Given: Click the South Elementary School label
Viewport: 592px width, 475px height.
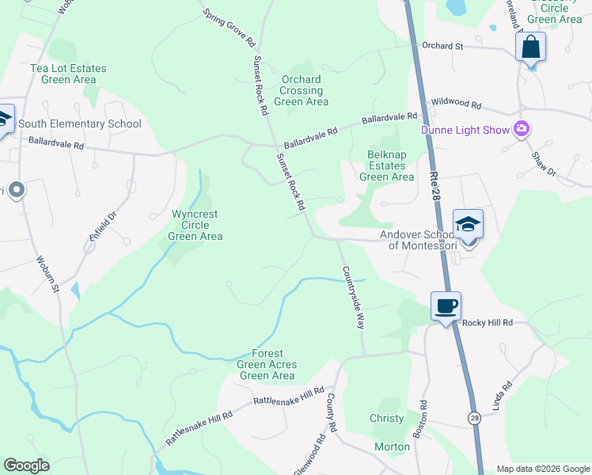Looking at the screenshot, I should pos(79,123).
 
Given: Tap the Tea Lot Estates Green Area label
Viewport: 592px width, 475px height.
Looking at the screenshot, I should pos(68,74).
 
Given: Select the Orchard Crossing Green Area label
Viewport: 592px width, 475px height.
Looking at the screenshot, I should pos(302,90).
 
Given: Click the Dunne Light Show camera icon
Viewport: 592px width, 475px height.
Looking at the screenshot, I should pos(521,129).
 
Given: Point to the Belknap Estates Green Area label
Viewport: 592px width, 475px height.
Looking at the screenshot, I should pos(386,165).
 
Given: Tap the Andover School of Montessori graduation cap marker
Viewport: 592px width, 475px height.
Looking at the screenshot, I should pos(468,224).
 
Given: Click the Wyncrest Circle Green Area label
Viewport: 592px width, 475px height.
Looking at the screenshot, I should pos(195,225).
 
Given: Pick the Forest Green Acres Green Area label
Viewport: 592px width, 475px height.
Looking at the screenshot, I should pos(268,364).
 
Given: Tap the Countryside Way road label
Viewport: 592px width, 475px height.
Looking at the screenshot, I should pos(353,298).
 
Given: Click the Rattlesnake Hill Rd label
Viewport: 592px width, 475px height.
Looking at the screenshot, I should pos(290,397).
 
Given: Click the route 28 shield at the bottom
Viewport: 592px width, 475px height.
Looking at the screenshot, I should pos(473,417).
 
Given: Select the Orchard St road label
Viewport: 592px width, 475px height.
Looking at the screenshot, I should pos(442,47).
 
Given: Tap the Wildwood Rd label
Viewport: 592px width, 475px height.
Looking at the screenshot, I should pos(456,104).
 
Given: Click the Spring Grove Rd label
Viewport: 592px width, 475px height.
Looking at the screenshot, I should pos(229,26).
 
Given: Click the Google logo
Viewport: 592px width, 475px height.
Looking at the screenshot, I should pos(26,465).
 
